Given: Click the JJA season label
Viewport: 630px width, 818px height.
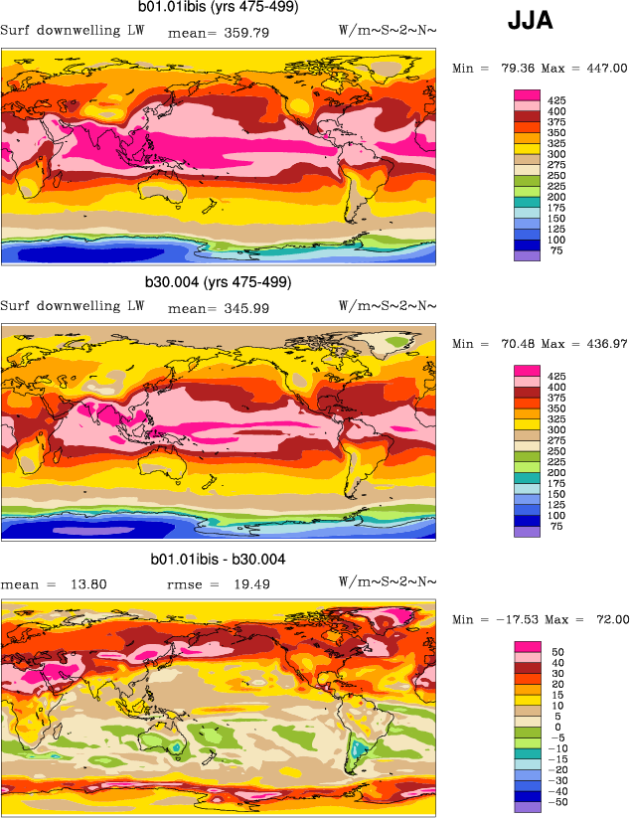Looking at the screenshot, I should (530, 19).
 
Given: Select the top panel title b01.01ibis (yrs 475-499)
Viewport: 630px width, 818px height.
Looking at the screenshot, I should (218, 8).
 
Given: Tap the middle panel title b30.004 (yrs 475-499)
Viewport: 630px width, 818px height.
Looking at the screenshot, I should (220, 282).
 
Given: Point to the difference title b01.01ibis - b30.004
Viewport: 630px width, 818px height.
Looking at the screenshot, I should (219, 560).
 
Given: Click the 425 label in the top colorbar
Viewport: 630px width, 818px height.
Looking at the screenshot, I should (556, 100).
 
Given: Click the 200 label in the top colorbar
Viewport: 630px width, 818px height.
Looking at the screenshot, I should (556, 198).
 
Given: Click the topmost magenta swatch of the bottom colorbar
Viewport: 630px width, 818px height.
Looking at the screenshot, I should (527, 647).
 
